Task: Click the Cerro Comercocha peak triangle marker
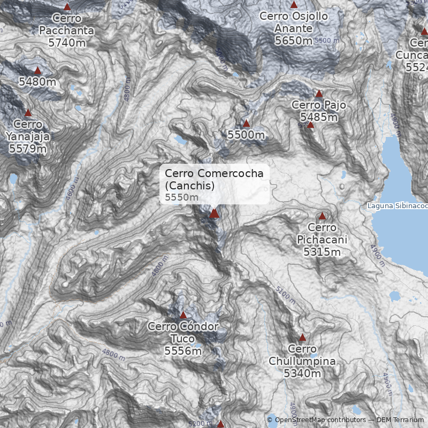click(x=214, y=213)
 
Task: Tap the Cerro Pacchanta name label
click(x=67, y=25)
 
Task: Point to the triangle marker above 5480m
click(x=37, y=70)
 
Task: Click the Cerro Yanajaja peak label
click(x=28, y=131)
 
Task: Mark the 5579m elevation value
click(x=28, y=148)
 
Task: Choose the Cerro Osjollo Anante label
click(x=294, y=22)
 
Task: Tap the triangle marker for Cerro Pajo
click(x=319, y=94)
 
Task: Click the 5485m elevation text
click(x=319, y=117)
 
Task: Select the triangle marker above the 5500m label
click(x=246, y=124)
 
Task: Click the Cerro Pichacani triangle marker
click(x=322, y=216)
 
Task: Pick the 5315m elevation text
click(x=322, y=251)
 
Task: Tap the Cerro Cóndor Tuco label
click(x=183, y=332)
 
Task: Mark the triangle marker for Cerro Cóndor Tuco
click(x=183, y=315)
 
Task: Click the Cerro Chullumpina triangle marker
click(x=302, y=338)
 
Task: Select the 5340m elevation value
click(x=302, y=373)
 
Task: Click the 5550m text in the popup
click(x=181, y=197)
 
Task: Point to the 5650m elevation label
click(x=294, y=40)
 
